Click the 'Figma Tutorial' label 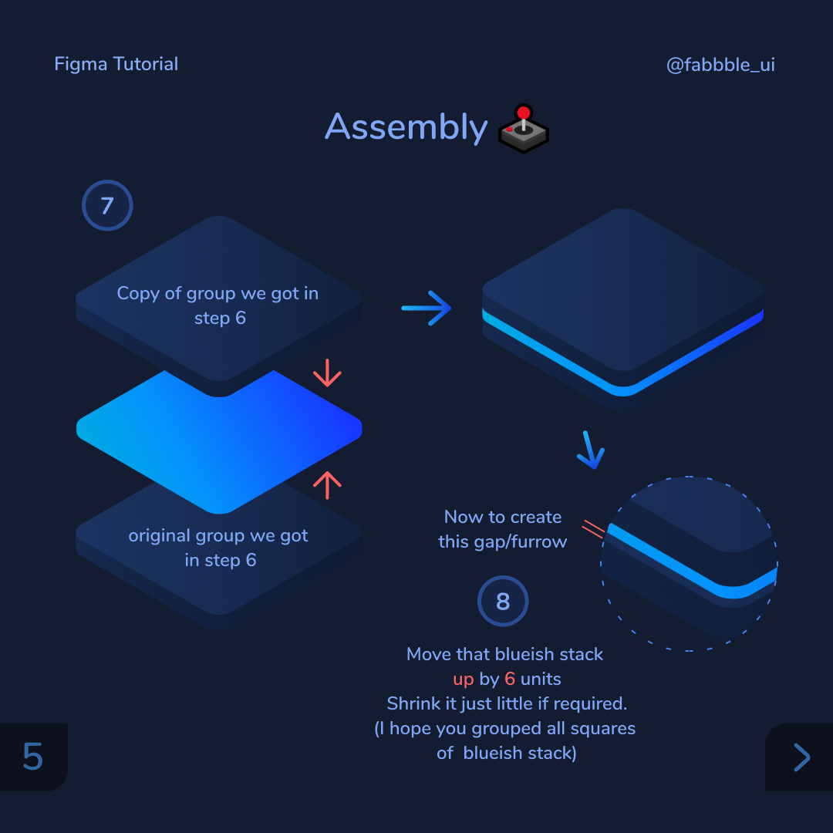[116, 64]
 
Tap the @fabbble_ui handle [720, 65]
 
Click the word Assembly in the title [406, 127]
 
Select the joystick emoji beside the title [524, 129]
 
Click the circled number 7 [107, 206]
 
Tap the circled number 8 [503, 601]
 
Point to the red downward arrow [327, 373]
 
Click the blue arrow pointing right [426, 308]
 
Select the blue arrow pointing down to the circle [590, 450]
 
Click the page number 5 [32, 757]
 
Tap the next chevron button [801, 757]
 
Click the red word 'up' [464, 680]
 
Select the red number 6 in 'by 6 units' [510, 679]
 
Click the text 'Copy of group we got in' [218, 294]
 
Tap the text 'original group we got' [218, 535]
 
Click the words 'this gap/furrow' [503, 542]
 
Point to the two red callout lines [593, 529]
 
